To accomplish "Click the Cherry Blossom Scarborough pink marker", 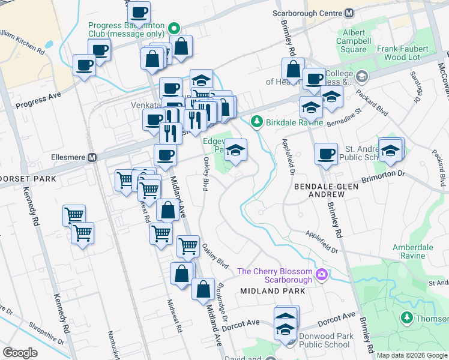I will click(x=322, y=275).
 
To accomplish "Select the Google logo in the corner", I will click(x=20, y=353).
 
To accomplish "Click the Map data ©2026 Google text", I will click(x=411, y=355).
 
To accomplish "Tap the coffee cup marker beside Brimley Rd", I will click(x=326, y=154).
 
